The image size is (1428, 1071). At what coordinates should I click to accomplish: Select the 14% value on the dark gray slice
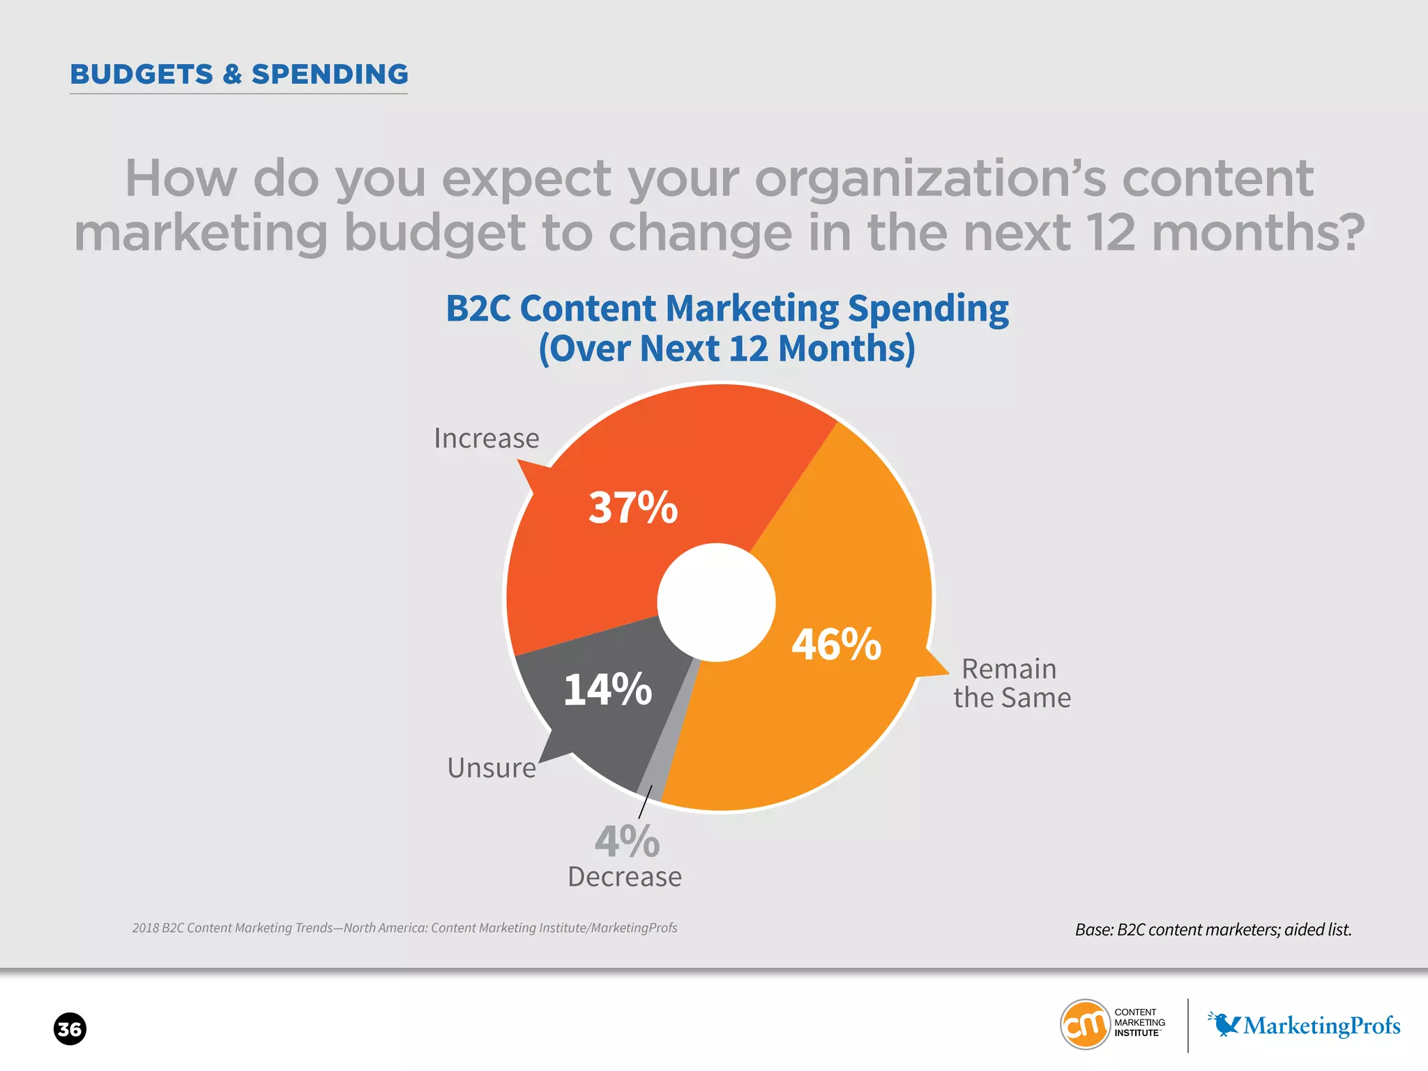point(607,690)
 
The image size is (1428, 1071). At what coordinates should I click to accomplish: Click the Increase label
point(486,439)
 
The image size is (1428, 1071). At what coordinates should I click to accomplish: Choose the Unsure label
point(492,768)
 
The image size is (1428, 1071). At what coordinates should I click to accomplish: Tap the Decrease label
point(625,877)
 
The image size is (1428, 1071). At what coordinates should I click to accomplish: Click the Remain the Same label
point(1011,683)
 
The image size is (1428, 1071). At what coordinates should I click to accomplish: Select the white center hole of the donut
point(716,602)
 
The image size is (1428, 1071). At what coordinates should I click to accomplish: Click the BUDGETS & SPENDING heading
point(239,75)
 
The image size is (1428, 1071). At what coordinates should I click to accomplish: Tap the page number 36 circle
point(70,1029)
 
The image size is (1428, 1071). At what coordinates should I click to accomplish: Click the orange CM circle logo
point(1085,1024)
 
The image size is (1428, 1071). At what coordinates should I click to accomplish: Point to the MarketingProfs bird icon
point(1224,1024)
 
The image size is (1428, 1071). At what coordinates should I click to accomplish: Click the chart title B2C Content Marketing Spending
point(727,309)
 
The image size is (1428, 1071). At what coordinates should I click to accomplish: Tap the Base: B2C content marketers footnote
point(1213,929)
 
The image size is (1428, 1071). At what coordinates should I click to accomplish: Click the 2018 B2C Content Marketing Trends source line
point(404,928)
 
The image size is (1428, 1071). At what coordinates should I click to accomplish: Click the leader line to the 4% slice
point(645,803)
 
